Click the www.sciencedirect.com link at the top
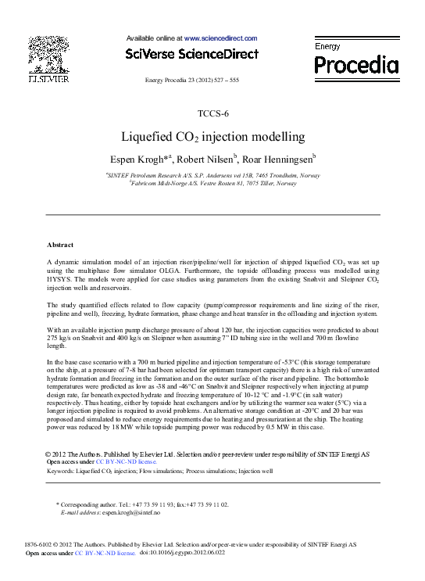(220, 38)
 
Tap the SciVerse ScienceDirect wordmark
(191, 54)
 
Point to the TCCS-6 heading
(212, 114)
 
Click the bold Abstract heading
(60, 245)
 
